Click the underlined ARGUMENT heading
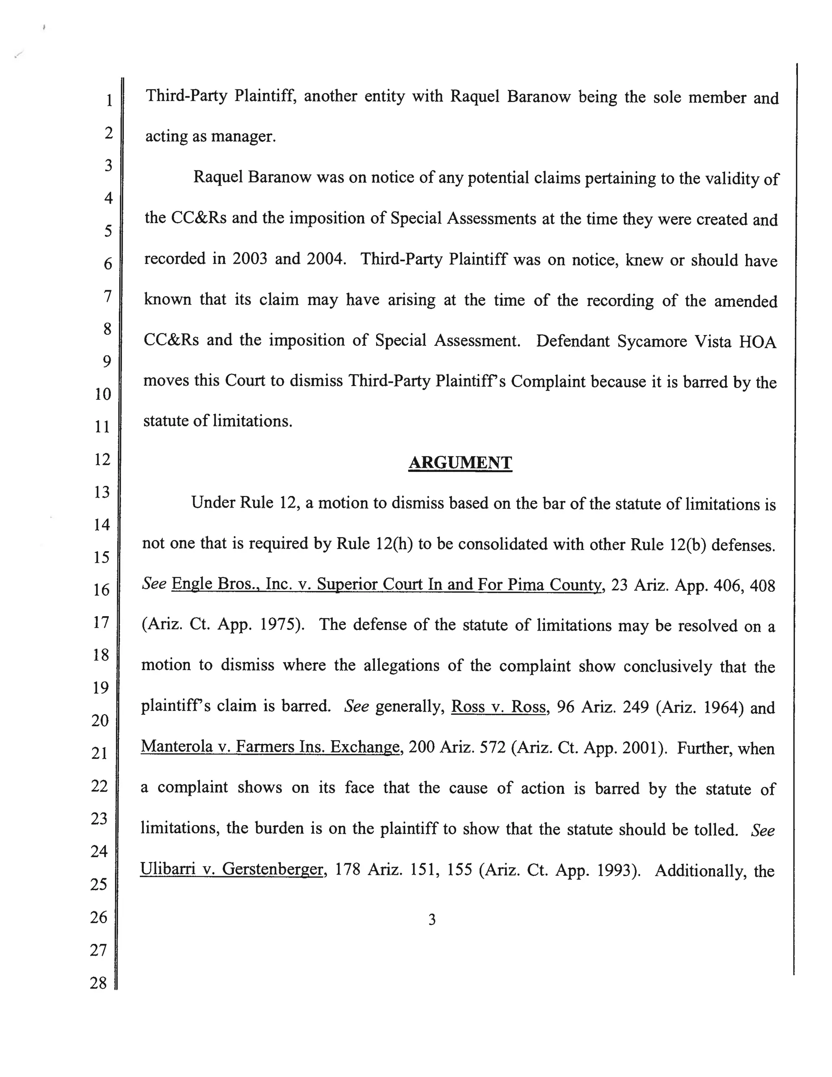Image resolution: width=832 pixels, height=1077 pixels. point(460,463)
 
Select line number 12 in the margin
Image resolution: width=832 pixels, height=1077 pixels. point(102,459)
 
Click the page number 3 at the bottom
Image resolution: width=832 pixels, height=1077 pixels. point(432,919)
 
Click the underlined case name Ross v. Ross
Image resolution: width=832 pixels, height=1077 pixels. point(498,707)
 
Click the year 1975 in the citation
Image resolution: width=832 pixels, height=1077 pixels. point(277,625)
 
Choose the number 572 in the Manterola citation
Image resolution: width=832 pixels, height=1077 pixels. point(492,747)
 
